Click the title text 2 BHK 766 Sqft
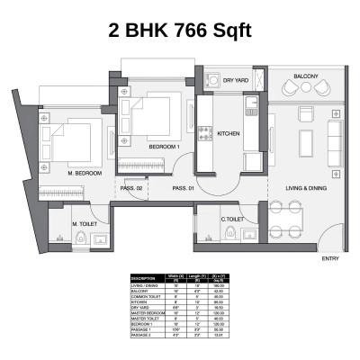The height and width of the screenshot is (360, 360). point(180,31)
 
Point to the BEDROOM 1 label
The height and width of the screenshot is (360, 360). point(165,146)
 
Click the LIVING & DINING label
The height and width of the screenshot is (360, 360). point(305,187)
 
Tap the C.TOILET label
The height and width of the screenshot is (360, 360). point(234,218)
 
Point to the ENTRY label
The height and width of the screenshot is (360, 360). point(329,259)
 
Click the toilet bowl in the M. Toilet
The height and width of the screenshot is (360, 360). point(81,238)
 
